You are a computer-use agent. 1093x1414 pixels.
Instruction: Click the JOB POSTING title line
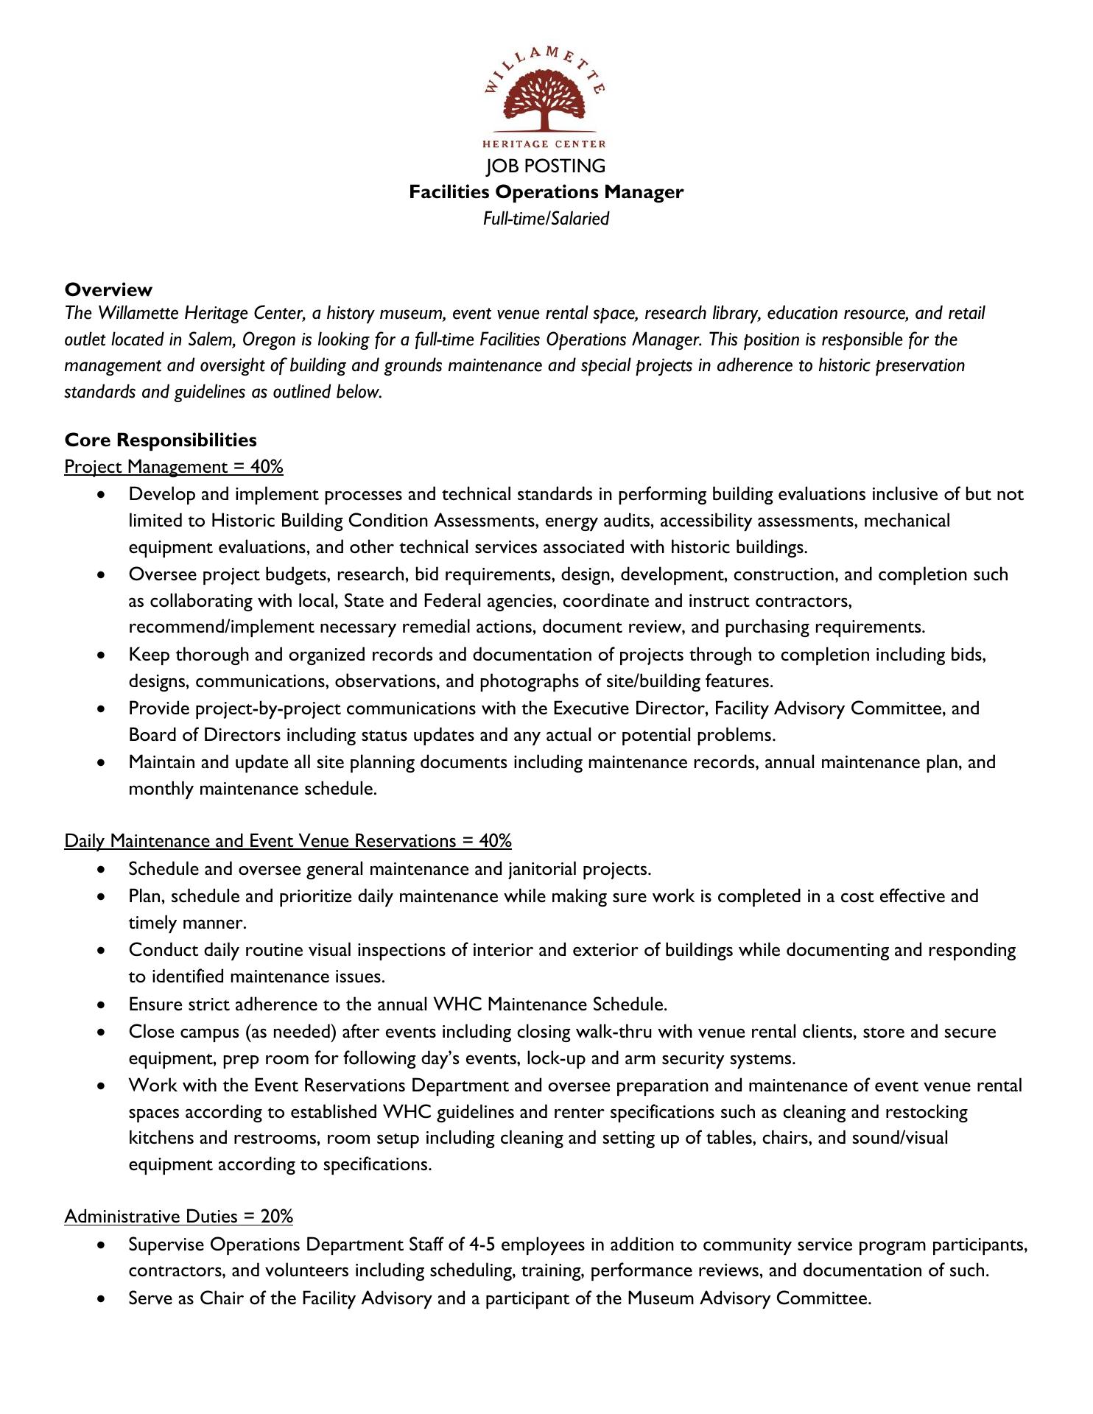coord(546,166)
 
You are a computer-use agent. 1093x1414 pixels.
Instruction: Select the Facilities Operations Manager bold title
coord(546,192)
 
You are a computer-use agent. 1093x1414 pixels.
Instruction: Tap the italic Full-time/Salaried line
coord(546,219)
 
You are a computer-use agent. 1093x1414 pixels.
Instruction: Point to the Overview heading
coord(108,289)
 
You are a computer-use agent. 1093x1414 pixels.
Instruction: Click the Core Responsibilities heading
coord(161,440)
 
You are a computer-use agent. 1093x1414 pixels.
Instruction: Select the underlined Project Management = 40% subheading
coord(174,467)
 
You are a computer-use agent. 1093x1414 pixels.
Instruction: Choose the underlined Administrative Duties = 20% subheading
coord(178,1216)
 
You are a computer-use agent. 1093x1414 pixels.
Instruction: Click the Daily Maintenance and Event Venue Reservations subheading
coord(288,841)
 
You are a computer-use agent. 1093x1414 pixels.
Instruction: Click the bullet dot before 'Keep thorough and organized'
coord(101,655)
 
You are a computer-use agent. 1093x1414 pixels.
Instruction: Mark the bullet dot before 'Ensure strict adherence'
coord(101,1005)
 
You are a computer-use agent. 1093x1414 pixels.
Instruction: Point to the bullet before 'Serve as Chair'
coord(101,1298)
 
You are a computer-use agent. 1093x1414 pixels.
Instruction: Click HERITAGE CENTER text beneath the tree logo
coord(544,144)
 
